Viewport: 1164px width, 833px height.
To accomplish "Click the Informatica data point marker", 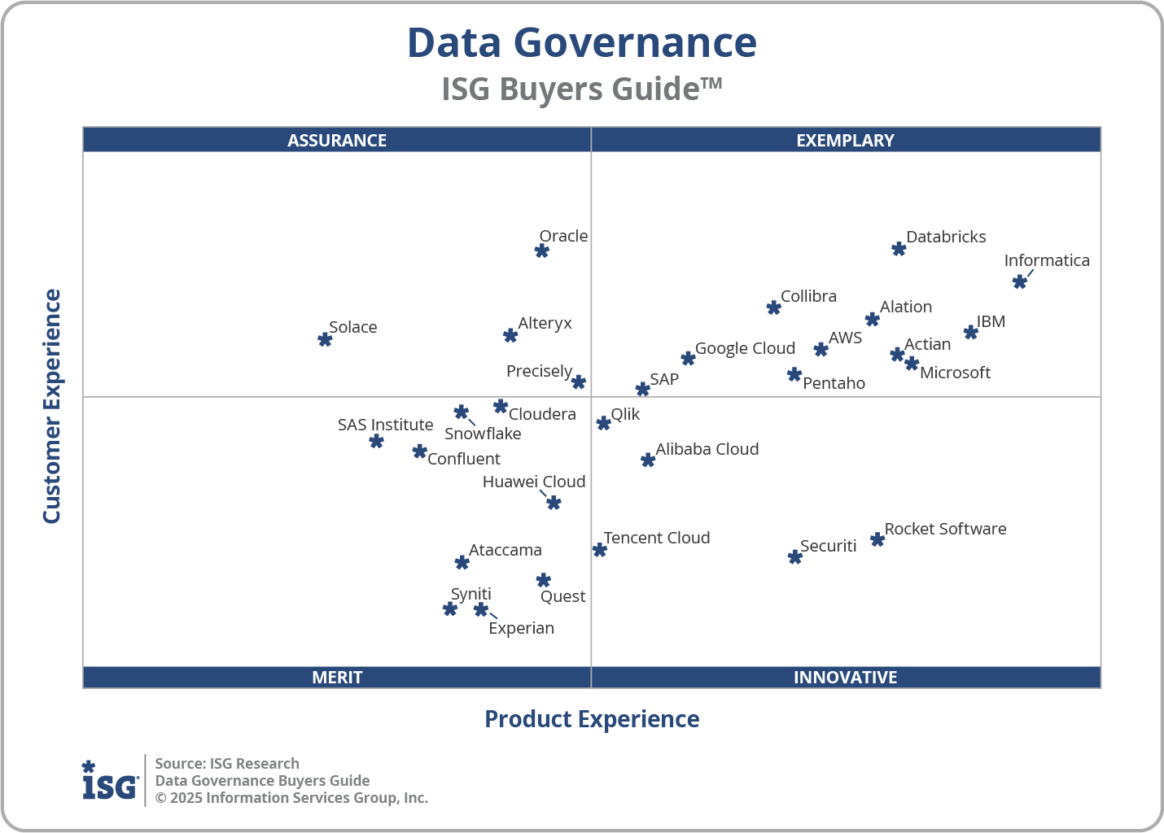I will tap(1019, 281).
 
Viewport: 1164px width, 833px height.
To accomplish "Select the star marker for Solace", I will tap(325, 339).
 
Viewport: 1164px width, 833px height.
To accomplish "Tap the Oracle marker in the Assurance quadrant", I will tap(542, 251).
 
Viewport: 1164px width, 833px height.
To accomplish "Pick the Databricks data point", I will tap(899, 249).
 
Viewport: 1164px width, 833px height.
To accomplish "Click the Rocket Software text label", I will tap(945, 529).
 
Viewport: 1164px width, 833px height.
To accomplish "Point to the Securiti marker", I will tap(795, 557).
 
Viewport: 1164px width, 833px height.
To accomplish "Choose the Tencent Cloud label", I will tap(657, 538).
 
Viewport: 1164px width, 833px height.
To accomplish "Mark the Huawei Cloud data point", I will tap(554, 503).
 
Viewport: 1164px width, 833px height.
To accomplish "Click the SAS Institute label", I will tap(385, 425).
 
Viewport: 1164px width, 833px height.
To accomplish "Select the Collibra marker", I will tap(774, 307).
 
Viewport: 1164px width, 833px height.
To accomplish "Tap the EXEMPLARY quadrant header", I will tap(845, 140).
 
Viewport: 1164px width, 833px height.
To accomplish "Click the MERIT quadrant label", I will tap(337, 677).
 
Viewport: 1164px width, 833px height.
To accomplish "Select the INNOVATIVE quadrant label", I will tap(845, 677).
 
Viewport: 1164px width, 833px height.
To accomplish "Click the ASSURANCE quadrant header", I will tap(337, 140).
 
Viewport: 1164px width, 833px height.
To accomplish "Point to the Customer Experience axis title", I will tap(52, 407).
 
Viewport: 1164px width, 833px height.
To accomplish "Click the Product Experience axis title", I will tap(592, 719).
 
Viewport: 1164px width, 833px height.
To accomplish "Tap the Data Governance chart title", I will tap(581, 43).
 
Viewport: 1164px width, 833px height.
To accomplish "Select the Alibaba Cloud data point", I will tap(648, 460).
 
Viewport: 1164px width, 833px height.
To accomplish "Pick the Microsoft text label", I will tap(955, 373).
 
